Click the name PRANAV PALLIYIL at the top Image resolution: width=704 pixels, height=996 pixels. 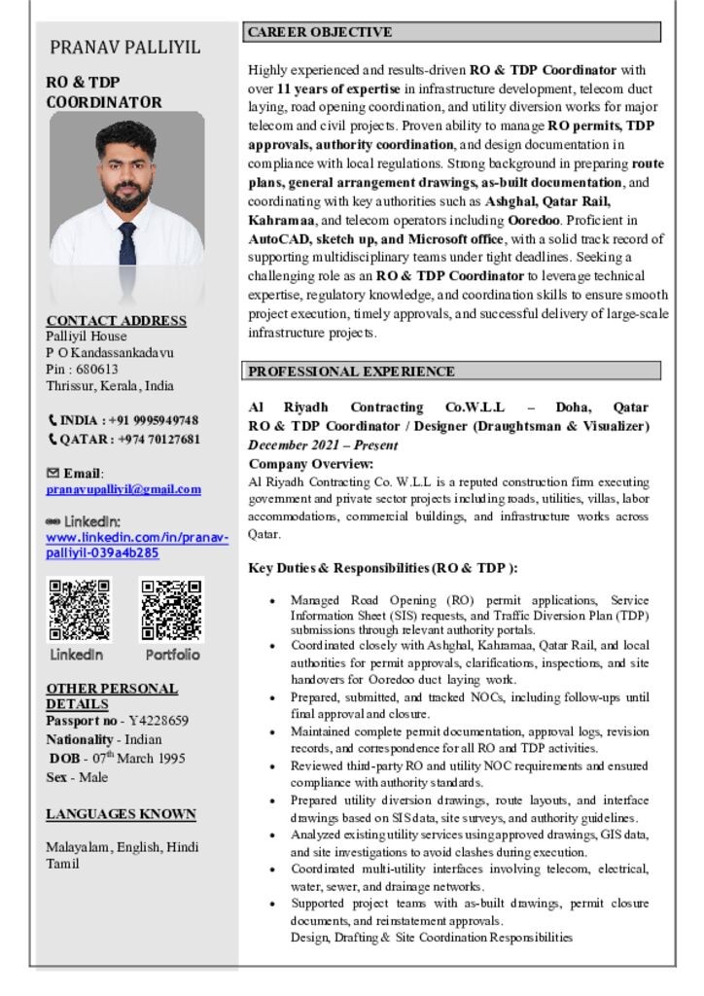(125, 47)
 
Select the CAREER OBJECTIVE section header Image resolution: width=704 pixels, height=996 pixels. (319, 32)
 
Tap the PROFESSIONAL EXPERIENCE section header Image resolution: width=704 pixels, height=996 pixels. (350, 371)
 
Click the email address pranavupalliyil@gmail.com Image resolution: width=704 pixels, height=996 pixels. (123, 489)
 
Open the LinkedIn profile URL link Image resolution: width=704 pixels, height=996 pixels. (137, 545)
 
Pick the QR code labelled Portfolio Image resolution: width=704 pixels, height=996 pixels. (172, 610)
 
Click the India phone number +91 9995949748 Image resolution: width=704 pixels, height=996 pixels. (129, 420)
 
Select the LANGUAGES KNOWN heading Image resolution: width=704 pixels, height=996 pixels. (121, 814)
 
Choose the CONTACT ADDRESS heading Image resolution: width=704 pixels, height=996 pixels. (116, 320)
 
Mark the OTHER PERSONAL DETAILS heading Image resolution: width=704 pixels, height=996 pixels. (112, 695)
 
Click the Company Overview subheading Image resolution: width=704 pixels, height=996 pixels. (310, 463)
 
